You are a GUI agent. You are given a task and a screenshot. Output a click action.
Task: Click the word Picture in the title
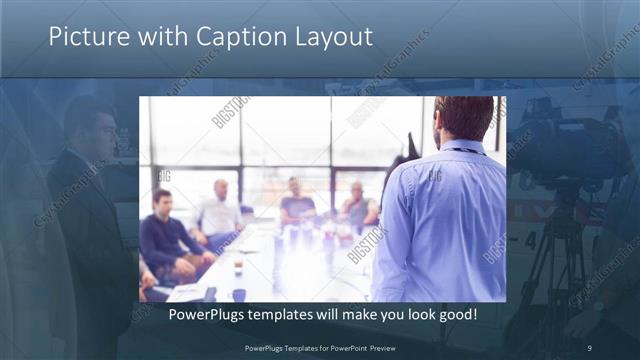[84, 37]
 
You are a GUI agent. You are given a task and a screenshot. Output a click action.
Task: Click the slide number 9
[590, 347]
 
